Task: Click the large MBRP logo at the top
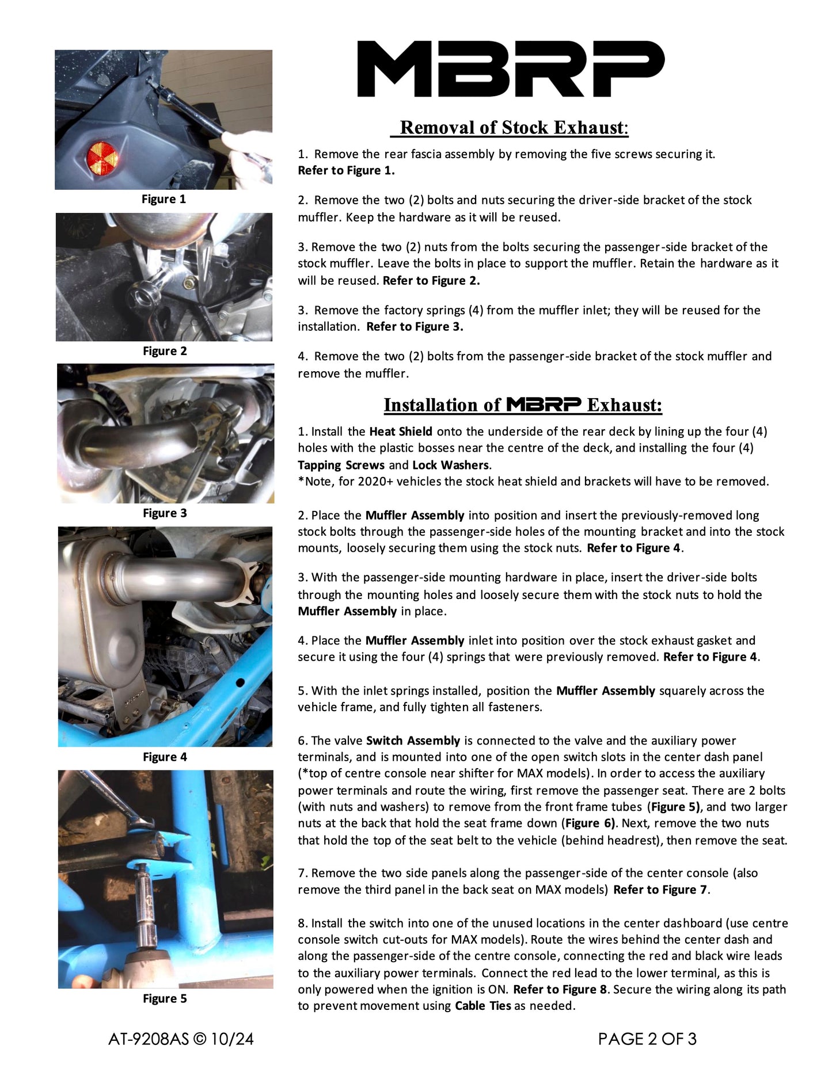(511, 68)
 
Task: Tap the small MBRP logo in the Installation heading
(544, 405)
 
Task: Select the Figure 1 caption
(164, 199)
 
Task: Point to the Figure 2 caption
(165, 351)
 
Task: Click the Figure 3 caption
(165, 513)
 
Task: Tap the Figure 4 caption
(165, 757)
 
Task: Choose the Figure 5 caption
(165, 998)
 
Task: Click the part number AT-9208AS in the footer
(148, 1039)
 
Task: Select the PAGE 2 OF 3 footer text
(647, 1039)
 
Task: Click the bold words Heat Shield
(401, 432)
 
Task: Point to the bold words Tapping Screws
(341, 465)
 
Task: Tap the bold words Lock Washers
(451, 465)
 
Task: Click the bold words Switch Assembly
(413, 741)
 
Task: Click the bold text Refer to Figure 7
(660, 890)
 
